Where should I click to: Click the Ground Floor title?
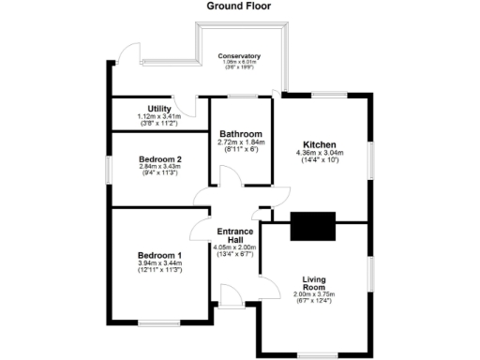tap(239, 6)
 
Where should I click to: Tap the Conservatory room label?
tap(240, 56)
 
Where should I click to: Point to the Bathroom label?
tap(240, 134)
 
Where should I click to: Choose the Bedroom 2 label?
tap(159, 159)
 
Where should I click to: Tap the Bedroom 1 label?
tap(159, 256)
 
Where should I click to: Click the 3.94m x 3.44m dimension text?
tap(159, 263)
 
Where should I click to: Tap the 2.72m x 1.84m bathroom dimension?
tap(240, 142)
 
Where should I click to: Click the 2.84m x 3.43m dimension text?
tap(159, 167)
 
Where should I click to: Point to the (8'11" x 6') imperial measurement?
tap(240, 150)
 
